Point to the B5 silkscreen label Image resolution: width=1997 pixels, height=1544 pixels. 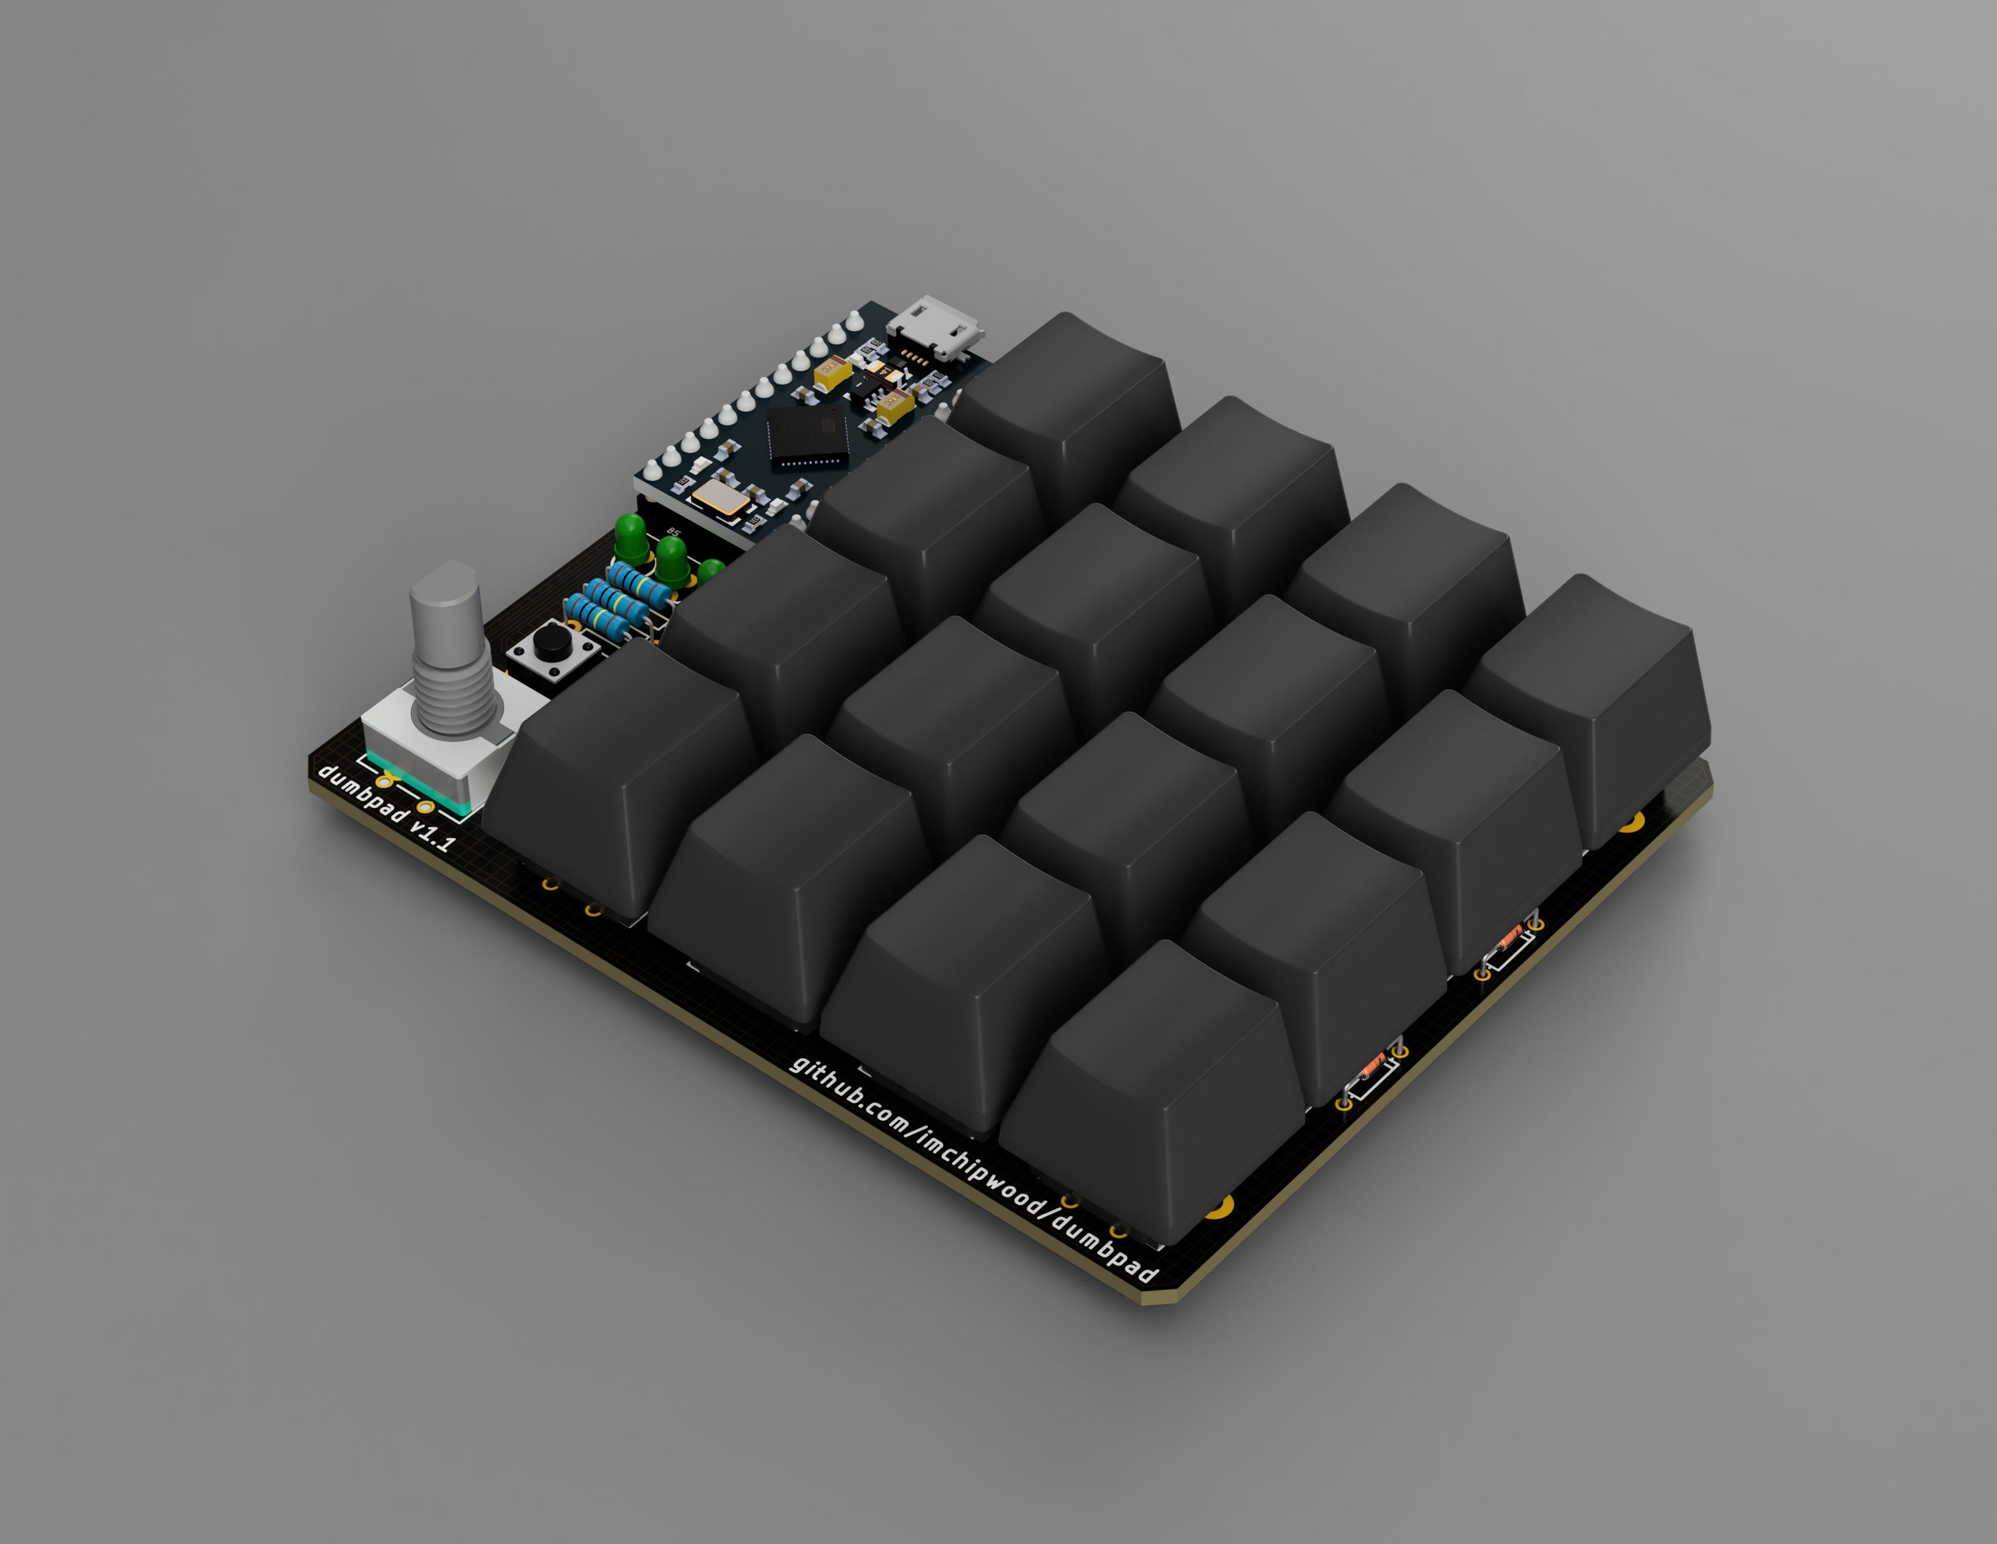[674, 533]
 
